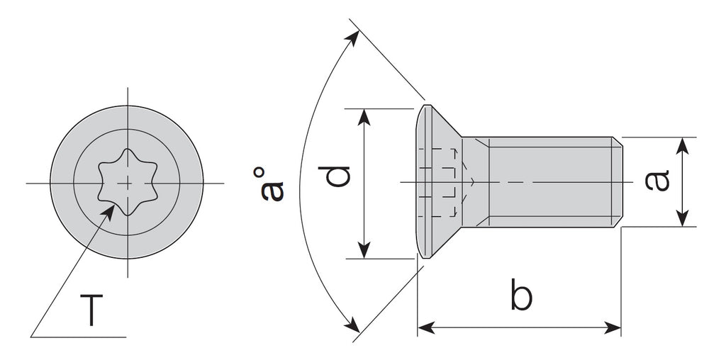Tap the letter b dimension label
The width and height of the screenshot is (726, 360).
[x=520, y=296]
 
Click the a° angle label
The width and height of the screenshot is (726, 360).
[x=270, y=185]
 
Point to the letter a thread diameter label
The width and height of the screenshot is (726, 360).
[x=658, y=181]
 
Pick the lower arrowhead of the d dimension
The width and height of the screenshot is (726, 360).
[x=364, y=252]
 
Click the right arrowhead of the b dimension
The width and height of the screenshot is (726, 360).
[x=614, y=327]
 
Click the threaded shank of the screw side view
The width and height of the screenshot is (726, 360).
[x=546, y=182]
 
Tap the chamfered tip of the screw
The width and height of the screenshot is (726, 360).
[x=618, y=182]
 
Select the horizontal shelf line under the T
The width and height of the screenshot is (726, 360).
[x=78, y=335]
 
